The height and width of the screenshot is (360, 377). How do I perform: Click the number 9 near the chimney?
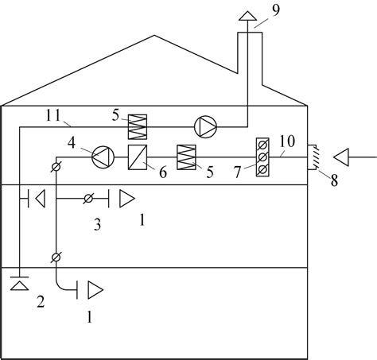click(x=276, y=10)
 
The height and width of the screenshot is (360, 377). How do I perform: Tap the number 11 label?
click(x=53, y=115)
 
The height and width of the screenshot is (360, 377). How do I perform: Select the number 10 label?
click(x=287, y=141)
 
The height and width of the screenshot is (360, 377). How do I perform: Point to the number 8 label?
click(x=334, y=180)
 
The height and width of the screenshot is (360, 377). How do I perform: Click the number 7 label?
click(x=237, y=172)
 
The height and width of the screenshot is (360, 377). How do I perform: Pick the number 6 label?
click(x=163, y=172)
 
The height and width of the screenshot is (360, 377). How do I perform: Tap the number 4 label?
click(x=72, y=143)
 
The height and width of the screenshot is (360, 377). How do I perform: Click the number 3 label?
click(x=97, y=225)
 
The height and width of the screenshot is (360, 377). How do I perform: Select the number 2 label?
click(x=41, y=301)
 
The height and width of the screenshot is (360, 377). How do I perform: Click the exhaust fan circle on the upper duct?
click(x=205, y=127)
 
